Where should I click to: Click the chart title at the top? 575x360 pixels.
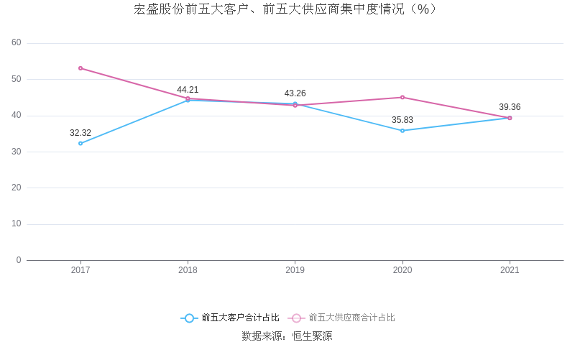point(285,9)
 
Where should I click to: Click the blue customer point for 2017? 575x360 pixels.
point(80,143)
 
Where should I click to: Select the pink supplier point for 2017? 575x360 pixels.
point(80,68)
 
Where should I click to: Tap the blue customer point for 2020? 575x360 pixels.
point(402,130)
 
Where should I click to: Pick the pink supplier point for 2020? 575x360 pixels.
point(402,97)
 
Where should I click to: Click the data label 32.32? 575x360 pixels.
point(80,133)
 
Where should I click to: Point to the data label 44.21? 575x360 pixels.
point(188,90)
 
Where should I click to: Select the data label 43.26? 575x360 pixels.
point(295,93)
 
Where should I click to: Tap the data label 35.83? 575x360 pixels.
point(402,120)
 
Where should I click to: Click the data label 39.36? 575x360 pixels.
point(510,107)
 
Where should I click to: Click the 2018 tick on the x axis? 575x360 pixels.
point(188,270)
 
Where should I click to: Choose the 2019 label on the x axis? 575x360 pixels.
point(295,270)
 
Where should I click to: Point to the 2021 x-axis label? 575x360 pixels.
point(510,270)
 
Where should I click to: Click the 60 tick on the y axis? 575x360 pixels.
point(17,43)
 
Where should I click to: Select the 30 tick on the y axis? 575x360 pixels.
point(17,152)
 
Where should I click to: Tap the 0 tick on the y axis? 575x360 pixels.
point(19,260)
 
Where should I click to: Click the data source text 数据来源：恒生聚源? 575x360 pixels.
point(287,336)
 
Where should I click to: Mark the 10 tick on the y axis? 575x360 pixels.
point(17,224)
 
